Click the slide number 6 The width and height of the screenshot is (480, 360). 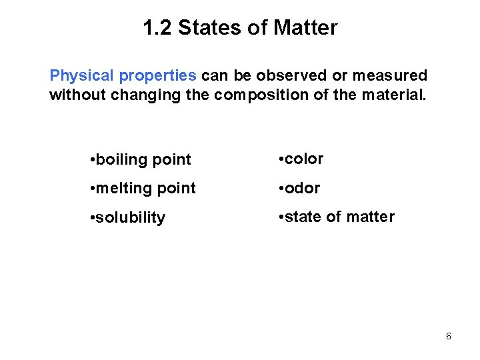point(448,337)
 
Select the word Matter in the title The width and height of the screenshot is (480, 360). point(307,28)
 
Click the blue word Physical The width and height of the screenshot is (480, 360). point(77,75)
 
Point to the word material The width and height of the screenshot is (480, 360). point(393,95)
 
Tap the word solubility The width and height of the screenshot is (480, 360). point(130,218)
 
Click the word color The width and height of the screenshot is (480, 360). point(305,159)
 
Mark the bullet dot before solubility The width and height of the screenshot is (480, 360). point(91,218)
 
